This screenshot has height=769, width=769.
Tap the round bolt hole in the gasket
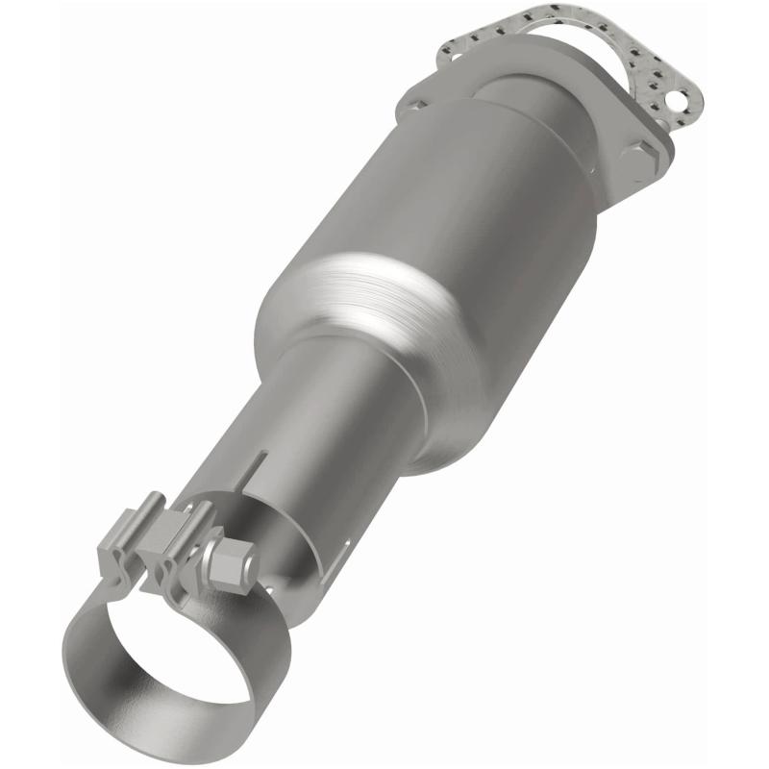click(x=681, y=99)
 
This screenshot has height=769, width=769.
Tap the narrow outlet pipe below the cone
click(x=317, y=423)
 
